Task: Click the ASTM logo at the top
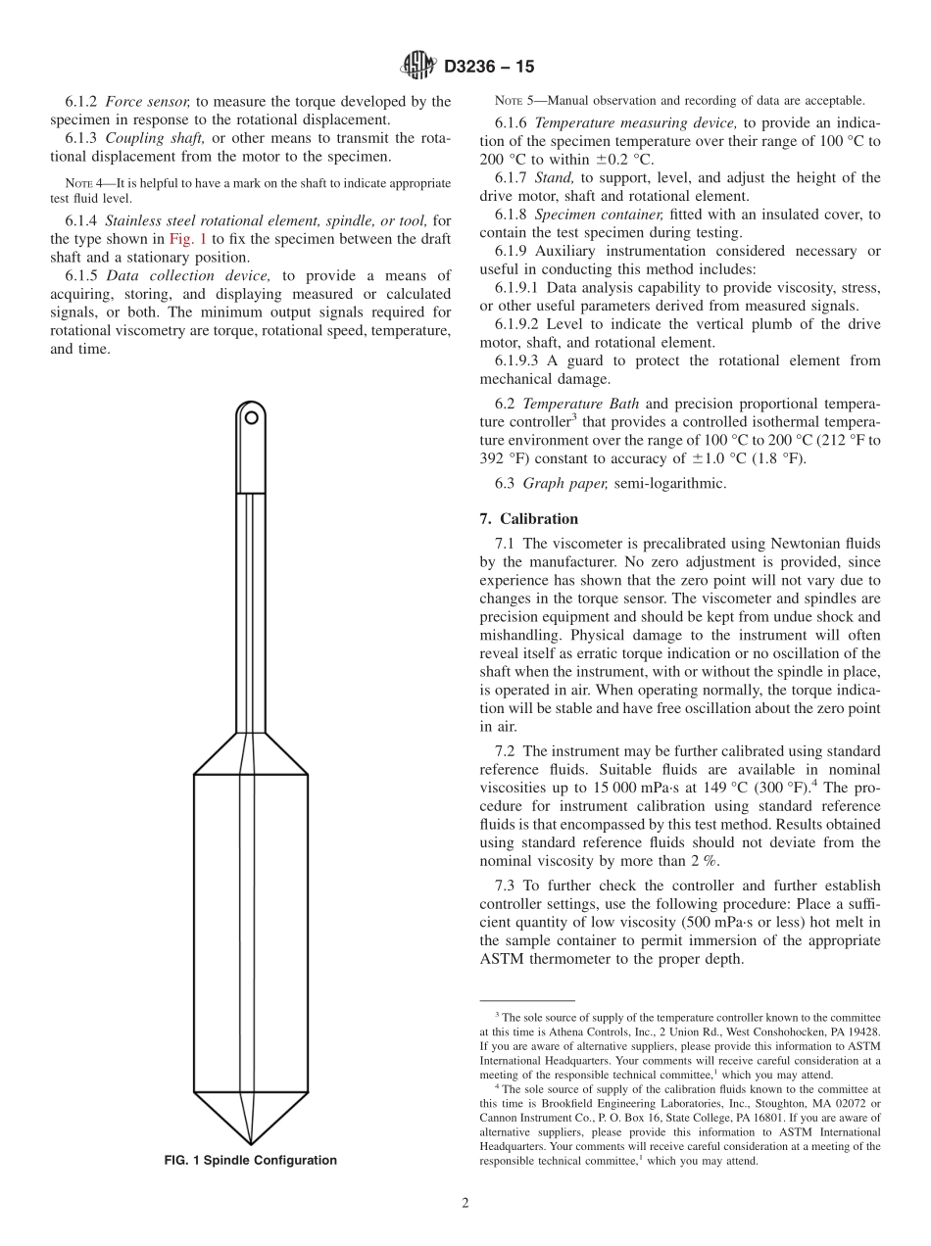tap(418, 67)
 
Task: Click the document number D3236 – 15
tap(489, 68)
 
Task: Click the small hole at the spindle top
tap(252, 417)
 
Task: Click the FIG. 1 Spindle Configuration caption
tap(251, 1161)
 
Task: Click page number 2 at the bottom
tap(465, 1204)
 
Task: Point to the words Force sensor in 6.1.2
tap(147, 101)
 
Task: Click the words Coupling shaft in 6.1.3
tap(154, 139)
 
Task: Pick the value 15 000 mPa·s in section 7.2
tap(637, 789)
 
